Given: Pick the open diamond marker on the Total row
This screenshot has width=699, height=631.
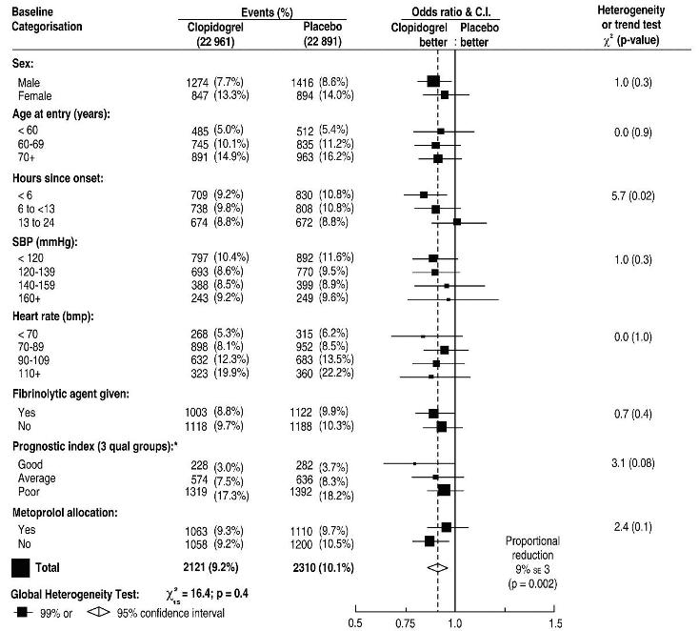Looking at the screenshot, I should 436,566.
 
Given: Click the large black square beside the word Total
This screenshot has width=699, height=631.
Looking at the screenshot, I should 19,567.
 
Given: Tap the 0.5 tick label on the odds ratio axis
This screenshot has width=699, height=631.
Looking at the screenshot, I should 355,623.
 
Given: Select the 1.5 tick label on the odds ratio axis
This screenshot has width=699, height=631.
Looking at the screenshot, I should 555,623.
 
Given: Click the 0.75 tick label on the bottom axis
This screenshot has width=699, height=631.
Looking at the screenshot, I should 405,623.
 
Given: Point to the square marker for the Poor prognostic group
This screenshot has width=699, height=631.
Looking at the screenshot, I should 444,490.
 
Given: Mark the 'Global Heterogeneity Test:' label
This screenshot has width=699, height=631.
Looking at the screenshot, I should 74,595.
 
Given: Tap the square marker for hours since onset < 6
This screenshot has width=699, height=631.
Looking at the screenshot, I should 424,194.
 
